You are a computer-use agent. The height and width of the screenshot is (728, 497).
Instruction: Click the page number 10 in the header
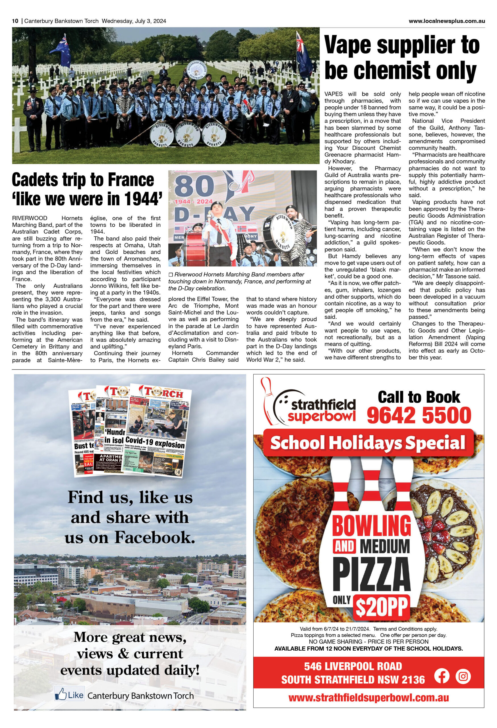coord(15,21)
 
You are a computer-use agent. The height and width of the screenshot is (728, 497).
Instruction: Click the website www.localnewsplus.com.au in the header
coord(447,21)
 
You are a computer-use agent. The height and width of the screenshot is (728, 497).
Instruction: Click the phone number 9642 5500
coord(419,415)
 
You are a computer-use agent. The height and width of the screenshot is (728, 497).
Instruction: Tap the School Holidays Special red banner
coord(368,442)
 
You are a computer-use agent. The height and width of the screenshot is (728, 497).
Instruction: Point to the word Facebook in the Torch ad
coord(154,537)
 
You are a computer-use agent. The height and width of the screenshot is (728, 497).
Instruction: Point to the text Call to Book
coord(419,397)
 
